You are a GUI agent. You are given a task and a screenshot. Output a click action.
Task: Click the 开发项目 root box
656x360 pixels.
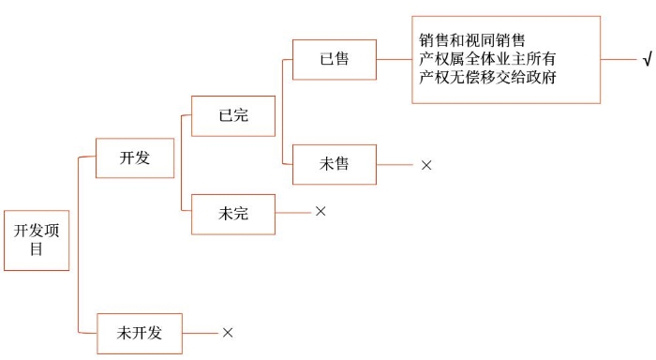tap(37, 239)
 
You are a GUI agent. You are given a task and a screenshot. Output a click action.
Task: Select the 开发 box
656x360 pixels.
tap(135, 158)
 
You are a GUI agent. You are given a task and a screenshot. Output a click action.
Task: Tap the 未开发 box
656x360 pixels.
tap(140, 332)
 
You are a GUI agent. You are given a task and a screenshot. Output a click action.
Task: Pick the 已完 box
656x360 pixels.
tap(233, 116)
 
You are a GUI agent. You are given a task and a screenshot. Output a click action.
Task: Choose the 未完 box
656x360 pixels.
tap(233, 214)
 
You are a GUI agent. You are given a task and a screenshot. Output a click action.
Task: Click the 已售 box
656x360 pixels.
tap(335, 59)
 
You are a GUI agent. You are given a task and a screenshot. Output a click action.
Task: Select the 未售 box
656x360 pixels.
tap(335, 164)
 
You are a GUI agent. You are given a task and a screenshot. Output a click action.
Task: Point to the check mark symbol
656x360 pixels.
tap(647, 60)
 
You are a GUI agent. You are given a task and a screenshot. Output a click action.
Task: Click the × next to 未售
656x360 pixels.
tap(426, 165)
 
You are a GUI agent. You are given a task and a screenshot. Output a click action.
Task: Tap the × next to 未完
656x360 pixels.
tap(321, 212)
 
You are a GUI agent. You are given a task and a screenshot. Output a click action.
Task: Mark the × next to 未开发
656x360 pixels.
tap(228, 332)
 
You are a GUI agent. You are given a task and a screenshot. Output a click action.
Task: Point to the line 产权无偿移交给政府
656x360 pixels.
tap(488, 77)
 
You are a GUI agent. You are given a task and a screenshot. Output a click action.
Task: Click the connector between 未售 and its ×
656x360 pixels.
tap(395, 164)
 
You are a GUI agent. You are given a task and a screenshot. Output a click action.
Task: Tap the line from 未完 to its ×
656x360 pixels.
tap(293, 213)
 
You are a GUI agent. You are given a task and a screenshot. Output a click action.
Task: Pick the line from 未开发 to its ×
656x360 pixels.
tap(201, 332)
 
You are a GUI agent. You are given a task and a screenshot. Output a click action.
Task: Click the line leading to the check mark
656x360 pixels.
tap(619, 59)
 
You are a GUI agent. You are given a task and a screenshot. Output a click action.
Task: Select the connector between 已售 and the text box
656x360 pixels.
tap(394, 59)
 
